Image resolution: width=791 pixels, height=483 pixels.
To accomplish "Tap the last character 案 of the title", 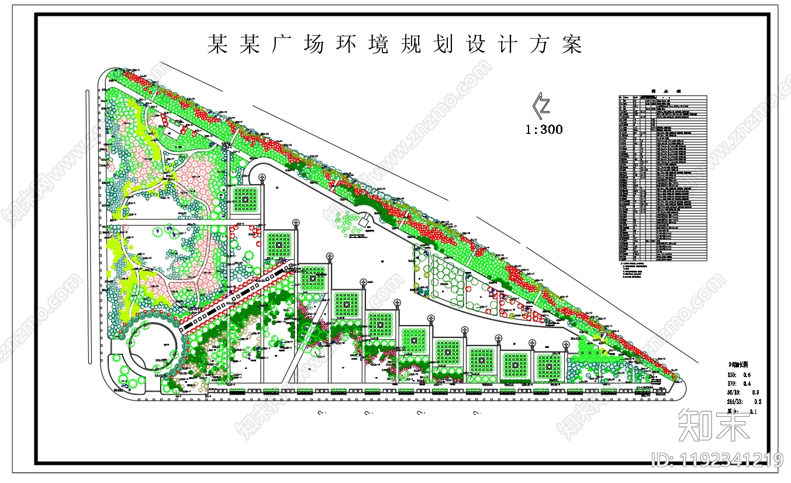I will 572,44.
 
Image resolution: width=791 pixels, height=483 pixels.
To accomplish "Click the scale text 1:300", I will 544,129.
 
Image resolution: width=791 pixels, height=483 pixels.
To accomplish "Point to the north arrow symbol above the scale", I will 542,105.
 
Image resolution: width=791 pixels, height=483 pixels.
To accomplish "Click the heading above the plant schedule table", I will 662,92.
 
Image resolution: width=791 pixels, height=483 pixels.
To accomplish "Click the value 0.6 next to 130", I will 747,375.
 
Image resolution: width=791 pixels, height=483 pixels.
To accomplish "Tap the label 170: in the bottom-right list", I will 731,384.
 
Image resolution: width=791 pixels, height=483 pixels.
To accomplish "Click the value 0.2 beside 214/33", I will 758,402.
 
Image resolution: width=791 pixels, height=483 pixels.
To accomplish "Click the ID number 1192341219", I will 717,460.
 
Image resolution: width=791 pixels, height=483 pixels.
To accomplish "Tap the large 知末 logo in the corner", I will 713,425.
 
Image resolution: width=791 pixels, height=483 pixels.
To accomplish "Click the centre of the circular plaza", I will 149,346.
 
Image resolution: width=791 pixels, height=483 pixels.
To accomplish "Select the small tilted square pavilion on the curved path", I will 364,222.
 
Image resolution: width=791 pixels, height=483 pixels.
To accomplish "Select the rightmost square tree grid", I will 548,365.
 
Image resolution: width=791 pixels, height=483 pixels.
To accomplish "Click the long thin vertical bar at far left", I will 88,227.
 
